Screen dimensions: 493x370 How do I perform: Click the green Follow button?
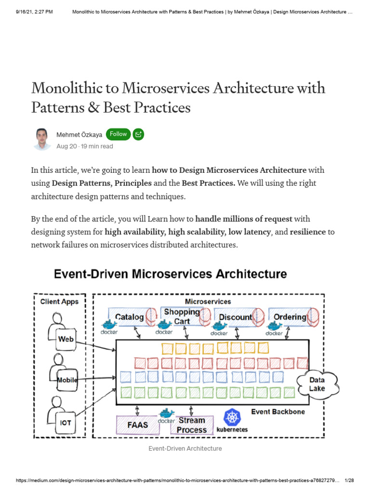coord(118,134)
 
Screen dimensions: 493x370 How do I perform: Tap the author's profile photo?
coord(42,139)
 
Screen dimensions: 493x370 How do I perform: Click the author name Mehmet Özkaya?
coord(79,135)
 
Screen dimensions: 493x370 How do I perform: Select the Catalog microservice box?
coord(129,317)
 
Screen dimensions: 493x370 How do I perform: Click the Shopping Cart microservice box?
coord(182,316)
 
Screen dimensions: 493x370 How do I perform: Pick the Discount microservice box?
coord(236,317)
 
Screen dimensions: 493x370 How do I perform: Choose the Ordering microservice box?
coord(290,317)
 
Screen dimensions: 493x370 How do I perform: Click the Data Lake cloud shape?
coord(317,384)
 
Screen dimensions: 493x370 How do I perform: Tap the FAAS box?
coord(137,425)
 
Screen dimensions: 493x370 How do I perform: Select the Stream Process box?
coord(192,425)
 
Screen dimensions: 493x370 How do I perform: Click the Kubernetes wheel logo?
coord(232,417)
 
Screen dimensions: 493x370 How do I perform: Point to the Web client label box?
coord(66,339)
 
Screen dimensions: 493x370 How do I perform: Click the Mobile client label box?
coord(67,380)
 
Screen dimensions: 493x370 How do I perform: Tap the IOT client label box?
coord(66,423)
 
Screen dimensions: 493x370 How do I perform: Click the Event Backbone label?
coord(278,412)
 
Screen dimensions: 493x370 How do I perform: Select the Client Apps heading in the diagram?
coord(60,301)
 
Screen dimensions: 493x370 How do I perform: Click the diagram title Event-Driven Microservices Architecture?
coord(170,274)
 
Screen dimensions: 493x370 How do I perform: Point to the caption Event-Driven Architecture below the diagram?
coord(185,448)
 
